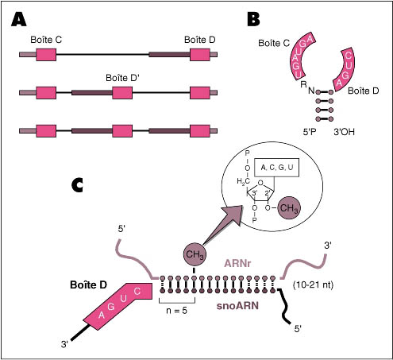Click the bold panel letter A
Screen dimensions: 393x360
coord(19,19)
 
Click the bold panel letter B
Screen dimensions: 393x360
coord(253,19)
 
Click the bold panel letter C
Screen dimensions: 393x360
coord(77,185)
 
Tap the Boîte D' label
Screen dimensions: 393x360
coord(122,78)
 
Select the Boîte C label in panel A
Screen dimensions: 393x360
coord(46,40)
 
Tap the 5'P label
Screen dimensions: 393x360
coord(310,132)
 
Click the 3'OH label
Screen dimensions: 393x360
coord(344,132)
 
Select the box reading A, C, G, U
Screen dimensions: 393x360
coord(276,168)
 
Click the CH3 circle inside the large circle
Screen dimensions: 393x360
coord(289,208)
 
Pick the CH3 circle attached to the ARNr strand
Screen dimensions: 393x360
coord(195,254)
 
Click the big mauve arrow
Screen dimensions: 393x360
coord(222,225)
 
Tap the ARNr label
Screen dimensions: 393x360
coord(237,264)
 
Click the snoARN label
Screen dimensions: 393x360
coord(237,306)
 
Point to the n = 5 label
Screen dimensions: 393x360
coord(176,310)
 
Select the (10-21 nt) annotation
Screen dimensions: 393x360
coord(313,285)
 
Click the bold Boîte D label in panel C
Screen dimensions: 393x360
coord(88,285)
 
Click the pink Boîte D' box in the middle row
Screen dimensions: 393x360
coord(122,93)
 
